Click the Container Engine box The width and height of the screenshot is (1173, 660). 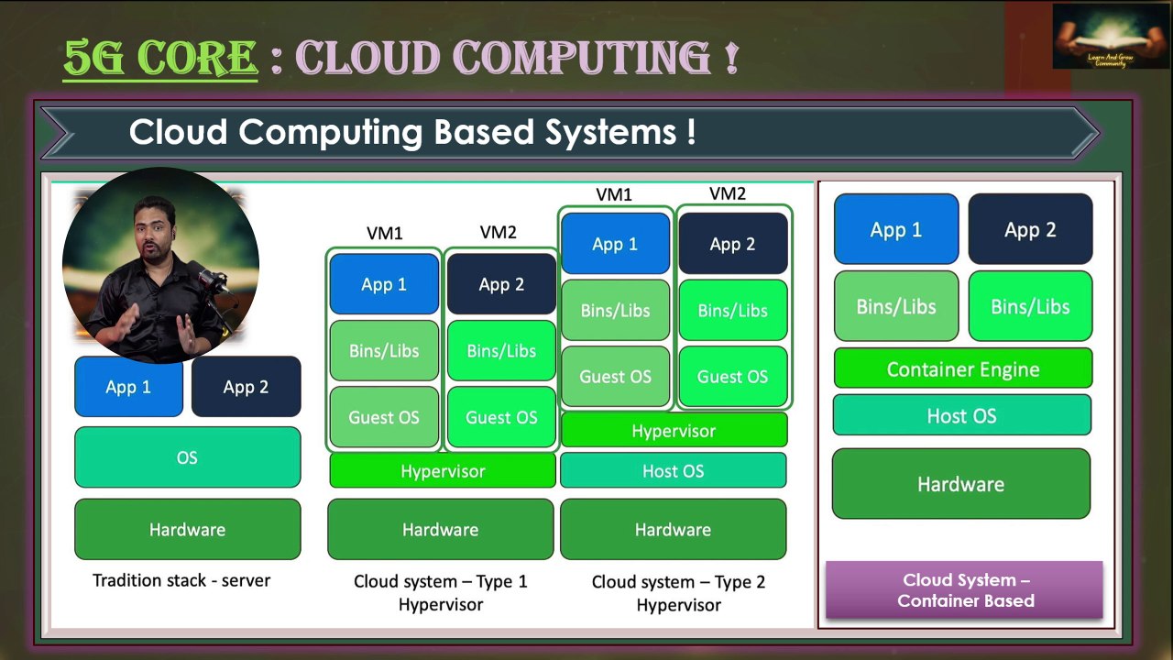[x=962, y=368]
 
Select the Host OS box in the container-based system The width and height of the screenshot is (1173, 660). [x=961, y=415]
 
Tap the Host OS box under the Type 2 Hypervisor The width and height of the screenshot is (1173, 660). [x=673, y=471]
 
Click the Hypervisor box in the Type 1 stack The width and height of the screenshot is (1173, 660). [x=442, y=471]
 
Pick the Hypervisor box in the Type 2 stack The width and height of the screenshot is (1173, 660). [x=673, y=430]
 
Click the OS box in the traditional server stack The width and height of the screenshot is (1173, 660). [x=187, y=457]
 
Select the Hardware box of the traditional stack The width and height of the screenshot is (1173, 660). [x=187, y=529]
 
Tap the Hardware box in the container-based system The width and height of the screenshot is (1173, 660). [x=960, y=483]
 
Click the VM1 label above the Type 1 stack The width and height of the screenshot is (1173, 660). [x=384, y=233]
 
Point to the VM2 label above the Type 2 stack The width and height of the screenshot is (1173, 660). [x=728, y=193]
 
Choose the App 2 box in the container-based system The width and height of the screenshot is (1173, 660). [x=1030, y=229]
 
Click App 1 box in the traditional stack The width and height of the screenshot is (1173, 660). [x=128, y=387]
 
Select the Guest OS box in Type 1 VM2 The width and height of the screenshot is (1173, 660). [x=501, y=417]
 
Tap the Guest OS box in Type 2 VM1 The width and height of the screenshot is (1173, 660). [x=615, y=376]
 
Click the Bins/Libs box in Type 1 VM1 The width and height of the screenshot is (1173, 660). [x=384, y=350]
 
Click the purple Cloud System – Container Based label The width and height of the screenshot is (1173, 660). [x=965, y=590]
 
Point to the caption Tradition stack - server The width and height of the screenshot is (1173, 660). [x=181, y=580]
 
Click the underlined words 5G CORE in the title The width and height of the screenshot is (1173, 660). [x=160, y=58]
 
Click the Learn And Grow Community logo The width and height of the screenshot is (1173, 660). [x=1097, y=37]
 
